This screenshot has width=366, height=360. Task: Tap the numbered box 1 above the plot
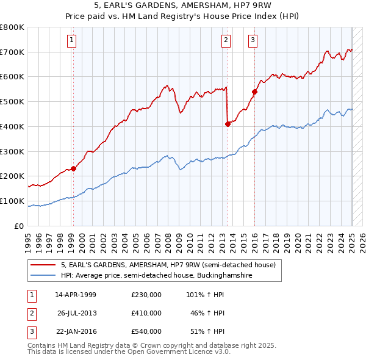click(x=72, y=41)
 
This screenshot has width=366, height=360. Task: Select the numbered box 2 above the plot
click(x=226, y=41)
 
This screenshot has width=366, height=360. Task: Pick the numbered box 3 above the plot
click(x=253, y=41)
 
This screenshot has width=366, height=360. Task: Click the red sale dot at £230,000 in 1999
click(x=73, y=168)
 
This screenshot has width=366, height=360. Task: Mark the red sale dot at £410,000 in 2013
click(x=228, y=123)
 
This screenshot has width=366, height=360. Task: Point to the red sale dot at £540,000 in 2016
click(x=254, y=92)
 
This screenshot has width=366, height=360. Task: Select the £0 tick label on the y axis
click(x=19, y=226)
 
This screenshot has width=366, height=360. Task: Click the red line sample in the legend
click(x=43, y=265)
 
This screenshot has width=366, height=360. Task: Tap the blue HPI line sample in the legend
click(x=43, y=276)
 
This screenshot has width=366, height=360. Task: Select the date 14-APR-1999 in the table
click(x=76, y=294)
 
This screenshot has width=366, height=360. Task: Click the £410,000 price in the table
click(x=146, y=313)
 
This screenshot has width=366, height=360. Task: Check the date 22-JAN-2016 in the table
click(x=76, y=331)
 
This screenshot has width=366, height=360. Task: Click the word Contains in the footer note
click(x=42, y=345)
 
